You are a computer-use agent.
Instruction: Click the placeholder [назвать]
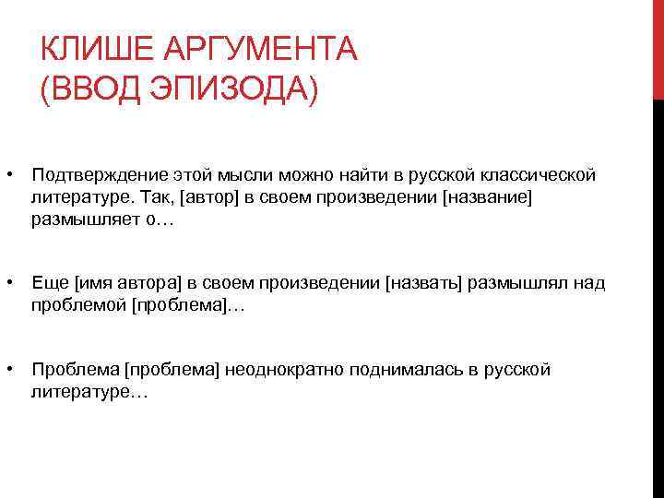tap(424, 283)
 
